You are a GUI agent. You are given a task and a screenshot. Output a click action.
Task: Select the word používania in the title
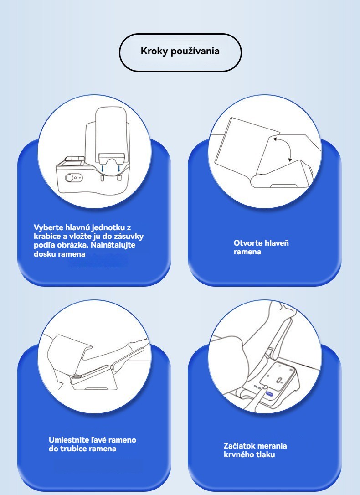[195, 51]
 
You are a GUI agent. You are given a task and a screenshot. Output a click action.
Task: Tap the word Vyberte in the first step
[48, 227]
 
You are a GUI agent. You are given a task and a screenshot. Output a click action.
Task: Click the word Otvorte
[248, 243]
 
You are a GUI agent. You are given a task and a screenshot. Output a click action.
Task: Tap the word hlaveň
[277, 243]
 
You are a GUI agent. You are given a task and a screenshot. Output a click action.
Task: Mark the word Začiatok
[238, 446]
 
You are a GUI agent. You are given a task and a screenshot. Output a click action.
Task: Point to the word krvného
[238, 454]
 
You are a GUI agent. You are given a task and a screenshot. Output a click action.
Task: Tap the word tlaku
[265, 454]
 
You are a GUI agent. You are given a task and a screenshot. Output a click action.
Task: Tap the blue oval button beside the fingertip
[269, 394]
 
